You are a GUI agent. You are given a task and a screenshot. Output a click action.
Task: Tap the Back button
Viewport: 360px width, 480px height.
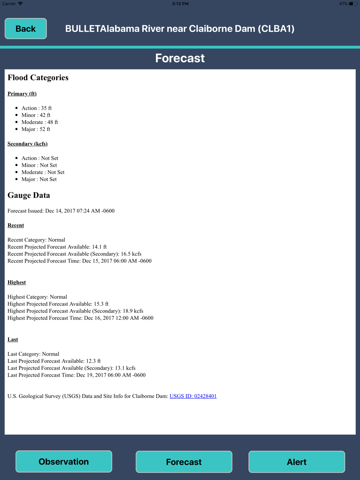pos(26,29)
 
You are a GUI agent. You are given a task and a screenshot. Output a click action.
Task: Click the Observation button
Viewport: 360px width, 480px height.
pos(64,462)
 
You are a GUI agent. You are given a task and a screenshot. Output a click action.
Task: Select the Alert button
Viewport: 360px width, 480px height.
pos(297,462)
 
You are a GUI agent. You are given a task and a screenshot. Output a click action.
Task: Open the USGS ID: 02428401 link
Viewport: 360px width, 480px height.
pos(193,396)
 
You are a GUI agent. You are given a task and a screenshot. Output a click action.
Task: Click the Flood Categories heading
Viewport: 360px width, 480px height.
pos(38,78)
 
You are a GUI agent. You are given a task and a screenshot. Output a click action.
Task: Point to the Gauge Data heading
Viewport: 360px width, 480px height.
pos(29,195)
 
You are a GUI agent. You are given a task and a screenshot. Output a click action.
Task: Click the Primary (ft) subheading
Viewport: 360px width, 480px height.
pos(22,94)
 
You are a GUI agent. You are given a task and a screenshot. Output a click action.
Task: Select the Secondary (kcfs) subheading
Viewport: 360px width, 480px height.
pos(27,144)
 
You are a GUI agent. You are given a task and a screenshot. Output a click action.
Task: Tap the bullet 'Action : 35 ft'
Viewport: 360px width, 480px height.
pos(36,108)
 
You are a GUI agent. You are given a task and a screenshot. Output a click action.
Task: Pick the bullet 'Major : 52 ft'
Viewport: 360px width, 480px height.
pos(36,129)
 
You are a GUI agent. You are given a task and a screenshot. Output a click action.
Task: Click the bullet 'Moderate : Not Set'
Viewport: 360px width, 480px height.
pos(43,172)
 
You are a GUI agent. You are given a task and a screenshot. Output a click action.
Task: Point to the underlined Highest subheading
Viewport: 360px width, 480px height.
pos(17,282)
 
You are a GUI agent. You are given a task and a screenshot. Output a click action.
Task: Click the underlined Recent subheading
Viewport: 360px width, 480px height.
pos(16,225)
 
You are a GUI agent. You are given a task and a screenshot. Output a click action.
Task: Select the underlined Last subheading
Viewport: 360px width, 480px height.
pos(13,340)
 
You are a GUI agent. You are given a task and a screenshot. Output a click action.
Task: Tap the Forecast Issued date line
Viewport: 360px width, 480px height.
pos(61,211)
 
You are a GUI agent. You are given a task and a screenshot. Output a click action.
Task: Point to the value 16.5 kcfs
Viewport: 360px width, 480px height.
pos(131,254)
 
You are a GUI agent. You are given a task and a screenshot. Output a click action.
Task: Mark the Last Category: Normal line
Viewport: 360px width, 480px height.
pos(33,354)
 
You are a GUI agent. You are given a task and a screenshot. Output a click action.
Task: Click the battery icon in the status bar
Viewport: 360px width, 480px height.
pos(352,4)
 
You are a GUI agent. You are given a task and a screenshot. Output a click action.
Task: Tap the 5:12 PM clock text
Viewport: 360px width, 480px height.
pos(180,4)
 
